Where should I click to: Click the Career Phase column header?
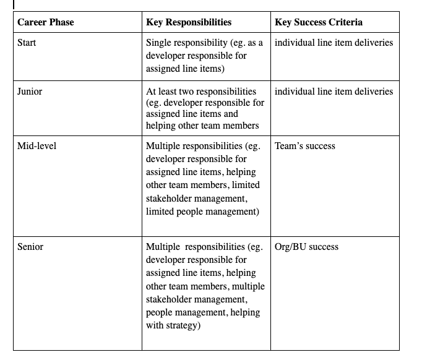tap(45, 22)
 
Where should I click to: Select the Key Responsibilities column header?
tap(189, 22)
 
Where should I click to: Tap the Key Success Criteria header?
tap(319, 22)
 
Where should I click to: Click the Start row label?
tap(27, 43)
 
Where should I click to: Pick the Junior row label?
tap(30, 92)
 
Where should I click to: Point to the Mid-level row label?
tap(37, 147)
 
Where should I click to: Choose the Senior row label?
tap(30, 247)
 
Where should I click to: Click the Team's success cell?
tap(304, 147)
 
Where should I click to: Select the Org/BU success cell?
tap(306, 247)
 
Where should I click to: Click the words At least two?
tap(173, 92)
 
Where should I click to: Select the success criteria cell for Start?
tap(334, 43)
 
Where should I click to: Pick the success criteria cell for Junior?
tap(334, 92)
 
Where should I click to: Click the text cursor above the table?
tap(14, 4)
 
